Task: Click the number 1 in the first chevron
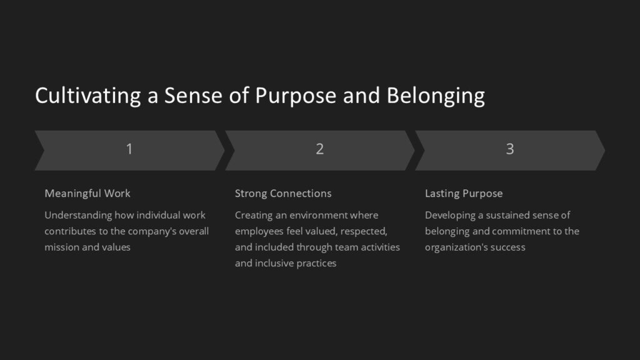tap(129, 149)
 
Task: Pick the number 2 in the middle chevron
tap(319, 149)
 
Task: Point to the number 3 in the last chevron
tap(510, 149)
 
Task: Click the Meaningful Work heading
tap(87, 193)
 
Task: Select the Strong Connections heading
tap(283, 193)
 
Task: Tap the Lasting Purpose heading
tap(464, 193)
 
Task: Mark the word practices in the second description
tap(314, 263)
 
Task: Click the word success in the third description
tap(509, 247)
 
